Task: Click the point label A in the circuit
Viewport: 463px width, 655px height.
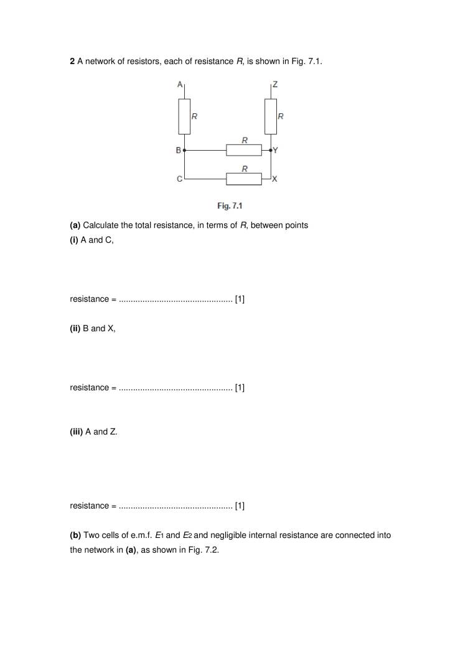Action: pos(180,84)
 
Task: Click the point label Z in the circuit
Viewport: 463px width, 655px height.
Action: pos(275,84)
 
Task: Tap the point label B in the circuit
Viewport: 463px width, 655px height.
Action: pos(179,151)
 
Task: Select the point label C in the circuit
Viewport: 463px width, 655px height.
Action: pos(179,179)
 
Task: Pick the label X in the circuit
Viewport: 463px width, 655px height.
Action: pos(275,179)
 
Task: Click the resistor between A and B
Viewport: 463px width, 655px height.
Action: pos(184,116)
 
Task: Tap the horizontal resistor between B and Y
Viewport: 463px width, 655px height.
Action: pos(244,151)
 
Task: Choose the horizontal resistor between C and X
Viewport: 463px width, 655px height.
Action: pos(244,179)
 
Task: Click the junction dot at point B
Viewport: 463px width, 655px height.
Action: pos(184,151)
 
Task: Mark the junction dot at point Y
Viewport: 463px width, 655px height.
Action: pos(270,151)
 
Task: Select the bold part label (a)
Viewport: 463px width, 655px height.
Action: pos(75,225)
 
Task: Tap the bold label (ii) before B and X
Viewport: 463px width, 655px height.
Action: pos(76,329)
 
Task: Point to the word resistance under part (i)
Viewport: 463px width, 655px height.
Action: pos(89,299)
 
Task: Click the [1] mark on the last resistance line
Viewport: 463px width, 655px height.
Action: pos(240,506)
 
